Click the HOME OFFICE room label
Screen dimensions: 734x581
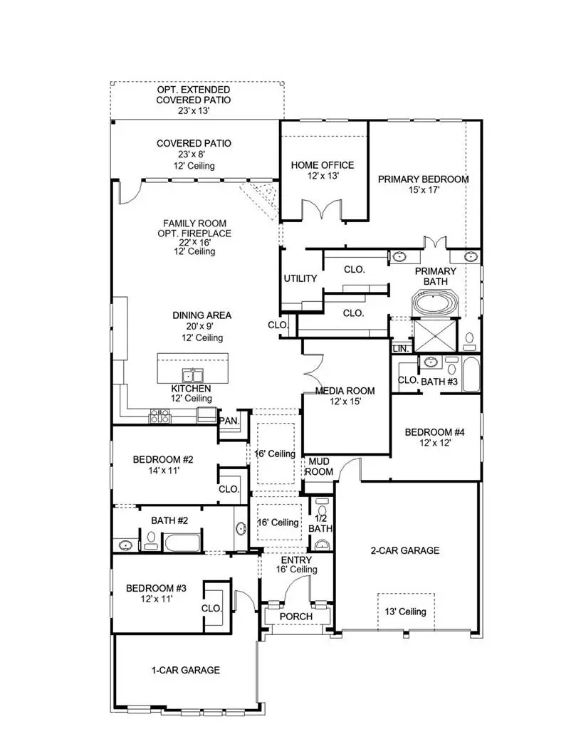coord(322,165)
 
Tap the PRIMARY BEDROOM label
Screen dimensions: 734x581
coord(423,179)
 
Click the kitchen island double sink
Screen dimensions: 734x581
coord(192,375)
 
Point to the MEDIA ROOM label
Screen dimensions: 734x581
coord(345,391)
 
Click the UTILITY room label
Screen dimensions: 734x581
coord(300,278)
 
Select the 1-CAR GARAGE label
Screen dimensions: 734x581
coord(185,670)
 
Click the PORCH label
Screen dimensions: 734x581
coord(296,616)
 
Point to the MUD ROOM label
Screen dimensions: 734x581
coord(320,467)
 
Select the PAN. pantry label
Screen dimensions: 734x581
coord(229,421)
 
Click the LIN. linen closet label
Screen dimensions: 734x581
coord(399,349)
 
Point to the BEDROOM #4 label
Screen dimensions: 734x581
coord(434,432)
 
